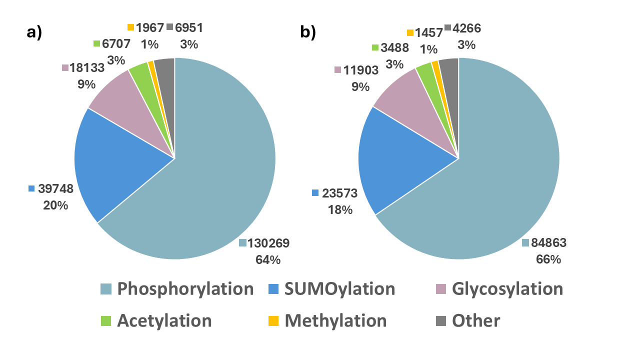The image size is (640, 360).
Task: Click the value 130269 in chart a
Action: [269, 243]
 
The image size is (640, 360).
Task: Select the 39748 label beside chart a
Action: [56, 189]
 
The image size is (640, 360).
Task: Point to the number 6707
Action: [116, 43]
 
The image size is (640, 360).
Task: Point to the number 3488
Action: [394, 47]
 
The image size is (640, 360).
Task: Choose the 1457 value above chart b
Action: [428, 33]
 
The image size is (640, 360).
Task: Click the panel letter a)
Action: [34, 32]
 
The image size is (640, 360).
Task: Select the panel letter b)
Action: [307, 32]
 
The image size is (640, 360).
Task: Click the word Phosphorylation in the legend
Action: [185, 289]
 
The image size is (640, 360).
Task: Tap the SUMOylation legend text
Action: [339, 289]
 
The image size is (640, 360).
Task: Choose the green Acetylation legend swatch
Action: [105, 320]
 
